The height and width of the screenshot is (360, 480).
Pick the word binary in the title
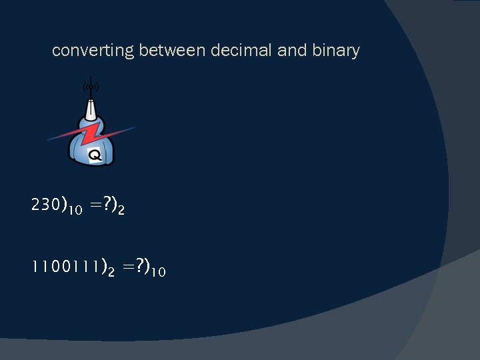(335, 51)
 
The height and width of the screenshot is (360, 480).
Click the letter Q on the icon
(95, 155)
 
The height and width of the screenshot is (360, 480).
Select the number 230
(45, 205)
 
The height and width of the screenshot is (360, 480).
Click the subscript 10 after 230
(75, 211)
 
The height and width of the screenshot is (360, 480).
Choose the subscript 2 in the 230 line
(121, 211)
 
